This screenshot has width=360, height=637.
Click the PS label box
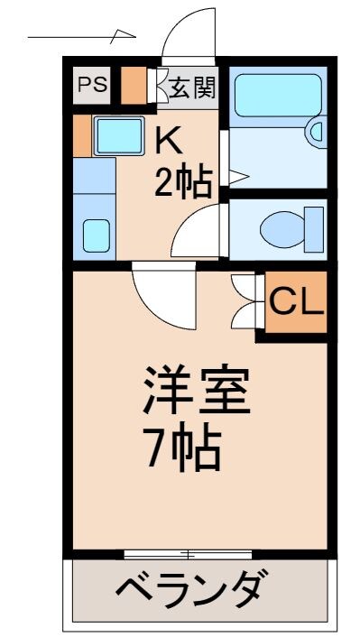coord(91,86)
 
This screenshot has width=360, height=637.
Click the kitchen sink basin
coord(120,136)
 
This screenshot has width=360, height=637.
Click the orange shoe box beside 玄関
coord(134,86)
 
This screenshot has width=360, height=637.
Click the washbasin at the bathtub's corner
coord(315,132)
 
